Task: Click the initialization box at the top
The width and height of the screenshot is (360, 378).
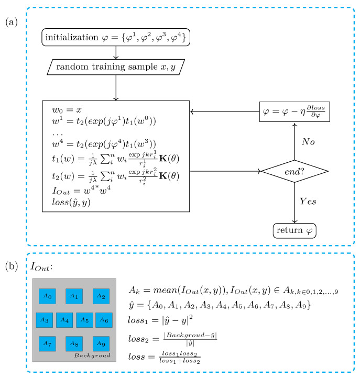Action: pos(115,38)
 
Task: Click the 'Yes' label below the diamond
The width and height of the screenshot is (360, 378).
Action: pos(308,201)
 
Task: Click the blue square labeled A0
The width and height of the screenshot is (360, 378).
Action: pos(47,296)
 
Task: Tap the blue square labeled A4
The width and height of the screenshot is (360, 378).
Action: pos(64,319)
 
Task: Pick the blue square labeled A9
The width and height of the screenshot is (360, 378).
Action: pos(101,344)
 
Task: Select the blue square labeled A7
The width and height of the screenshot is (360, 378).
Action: pos(47,344)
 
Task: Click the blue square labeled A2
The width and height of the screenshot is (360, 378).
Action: pos(101,296)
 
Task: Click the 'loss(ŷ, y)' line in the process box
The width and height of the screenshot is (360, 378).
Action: pos(70,202)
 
